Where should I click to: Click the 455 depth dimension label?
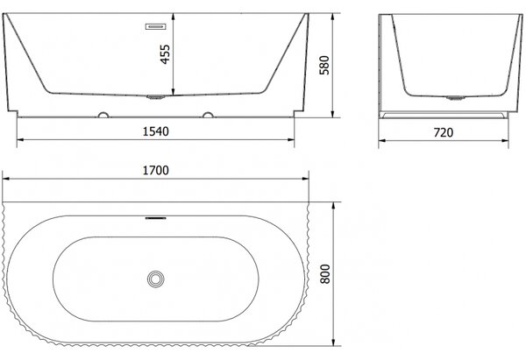[x=165, y=54]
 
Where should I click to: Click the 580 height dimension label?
[x=324, y=65]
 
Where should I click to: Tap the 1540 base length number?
[x=156, y=131]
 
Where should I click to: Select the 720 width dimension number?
[x=444, y=133]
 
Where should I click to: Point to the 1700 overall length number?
[x=156, y=170]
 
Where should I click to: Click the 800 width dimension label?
[x=325, y=274]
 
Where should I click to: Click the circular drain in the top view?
[x=156, y=279]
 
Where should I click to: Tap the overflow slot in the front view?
[x=156, y=26]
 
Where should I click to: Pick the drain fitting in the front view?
[x=156, y=97]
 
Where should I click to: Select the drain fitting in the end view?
[x=456, y=98]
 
